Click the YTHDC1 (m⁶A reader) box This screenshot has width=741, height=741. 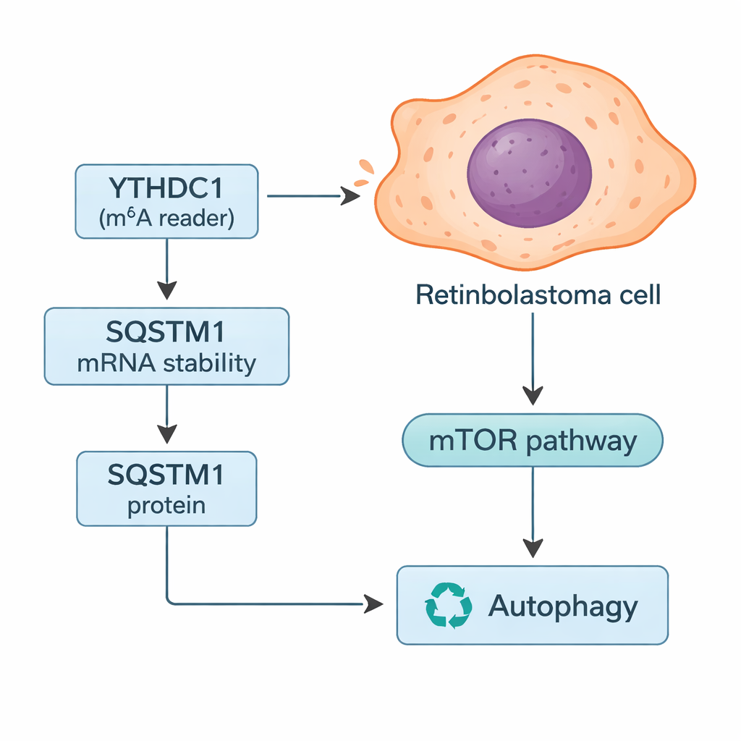(167, 201)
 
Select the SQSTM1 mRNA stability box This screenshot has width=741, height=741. (166, 346)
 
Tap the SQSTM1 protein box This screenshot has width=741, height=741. (166, 488)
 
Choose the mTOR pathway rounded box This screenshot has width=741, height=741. (533, 440)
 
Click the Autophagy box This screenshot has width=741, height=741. (533, 605)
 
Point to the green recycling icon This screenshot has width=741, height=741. (449, 605)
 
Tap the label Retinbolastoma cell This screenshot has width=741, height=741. (538, 295)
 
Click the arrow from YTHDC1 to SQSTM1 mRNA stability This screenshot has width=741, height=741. (167, 268)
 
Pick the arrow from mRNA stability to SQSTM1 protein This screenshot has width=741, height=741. (167, 413)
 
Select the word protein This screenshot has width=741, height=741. (166, 505)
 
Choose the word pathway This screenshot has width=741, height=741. (581, 441)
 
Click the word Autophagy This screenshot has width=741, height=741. (563, 606)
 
